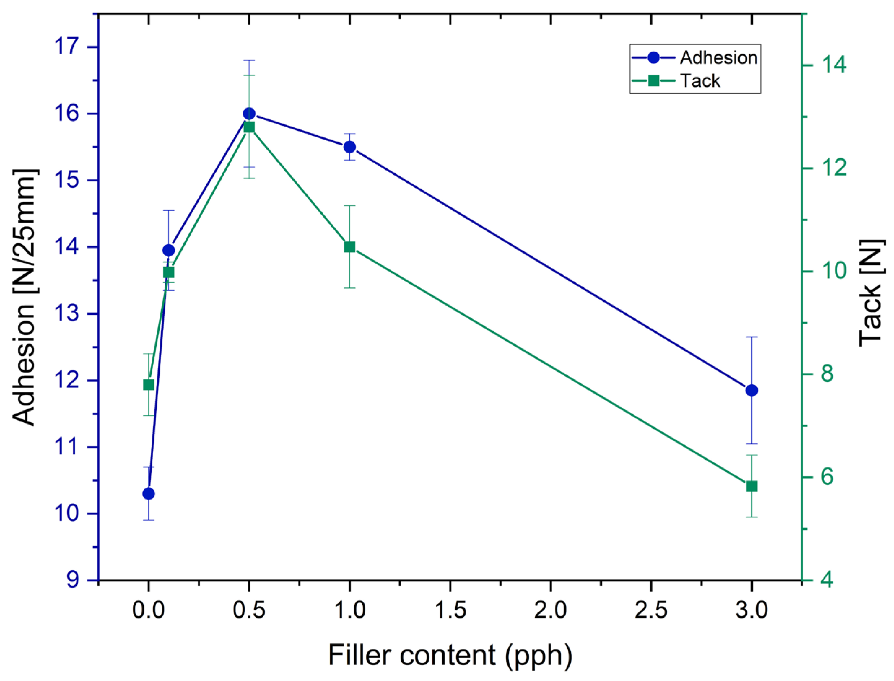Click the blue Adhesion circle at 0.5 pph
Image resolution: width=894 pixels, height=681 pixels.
pos(249,114)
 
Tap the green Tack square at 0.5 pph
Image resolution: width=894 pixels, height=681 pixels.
pos(249,128)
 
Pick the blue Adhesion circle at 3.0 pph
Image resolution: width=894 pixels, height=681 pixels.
pos(752,390)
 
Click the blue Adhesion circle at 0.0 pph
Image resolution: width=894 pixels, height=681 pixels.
pos(148,494)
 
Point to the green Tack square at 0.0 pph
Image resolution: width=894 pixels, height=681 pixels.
pos(148,385)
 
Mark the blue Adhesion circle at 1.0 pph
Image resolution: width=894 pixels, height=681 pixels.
pos(350,147)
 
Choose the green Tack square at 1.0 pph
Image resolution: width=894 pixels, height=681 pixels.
pos(350,247)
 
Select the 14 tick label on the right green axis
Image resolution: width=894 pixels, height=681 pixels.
pos(834,65)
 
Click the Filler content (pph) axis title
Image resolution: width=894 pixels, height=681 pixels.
pos(450,655)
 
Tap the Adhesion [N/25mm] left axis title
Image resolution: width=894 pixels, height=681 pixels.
pos(25,297)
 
